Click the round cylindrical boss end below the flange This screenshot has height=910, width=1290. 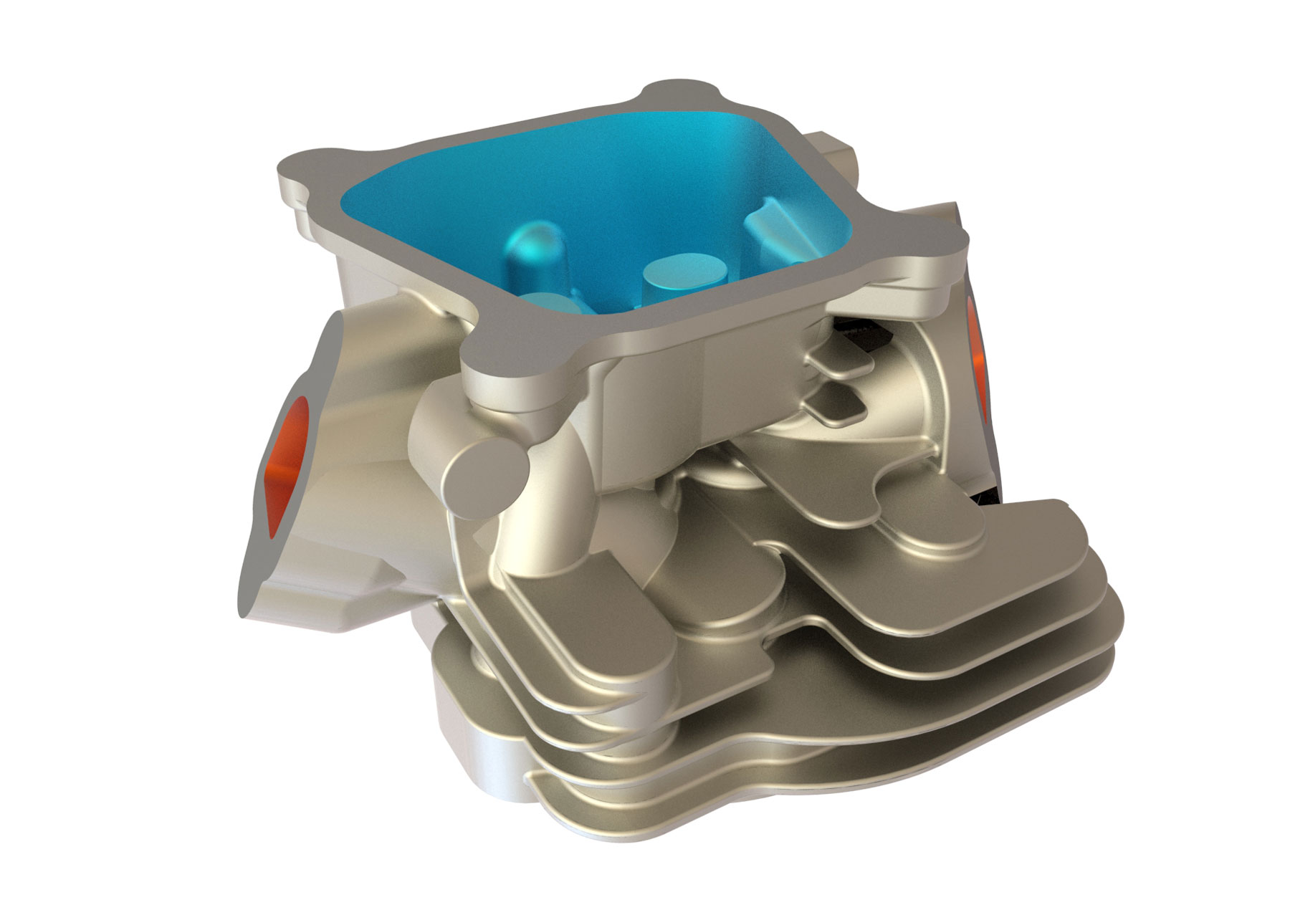point(486,472)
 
